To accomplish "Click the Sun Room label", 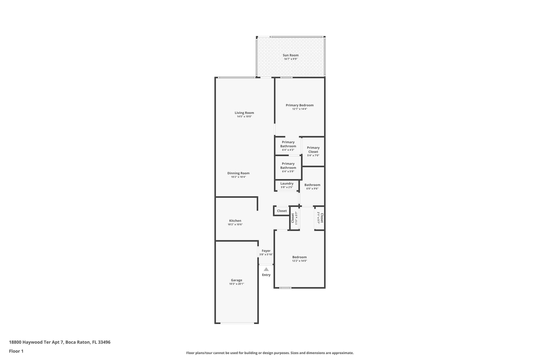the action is point(291,55).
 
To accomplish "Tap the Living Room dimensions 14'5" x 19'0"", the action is point(244,116).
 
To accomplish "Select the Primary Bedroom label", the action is point(300,105).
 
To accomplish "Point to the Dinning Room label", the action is point(238,173).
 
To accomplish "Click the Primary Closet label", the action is point(313,150).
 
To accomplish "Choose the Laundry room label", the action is point(287,183).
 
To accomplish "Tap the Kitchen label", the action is point(235,221).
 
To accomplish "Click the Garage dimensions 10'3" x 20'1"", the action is point(237,284).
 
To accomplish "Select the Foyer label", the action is point(266,251).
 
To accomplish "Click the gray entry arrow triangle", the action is point(266,269).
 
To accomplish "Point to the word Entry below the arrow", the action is point(266,275).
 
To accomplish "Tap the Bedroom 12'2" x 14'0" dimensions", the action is point(300,261).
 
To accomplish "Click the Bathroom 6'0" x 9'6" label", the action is point(312,186).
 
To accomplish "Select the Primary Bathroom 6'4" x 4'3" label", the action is point(288,146).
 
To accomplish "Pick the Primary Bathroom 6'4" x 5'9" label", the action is point(288,167).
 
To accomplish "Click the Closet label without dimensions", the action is point(282,211).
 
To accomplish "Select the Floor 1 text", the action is point(16,351).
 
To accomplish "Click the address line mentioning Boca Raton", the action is point(60,342).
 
